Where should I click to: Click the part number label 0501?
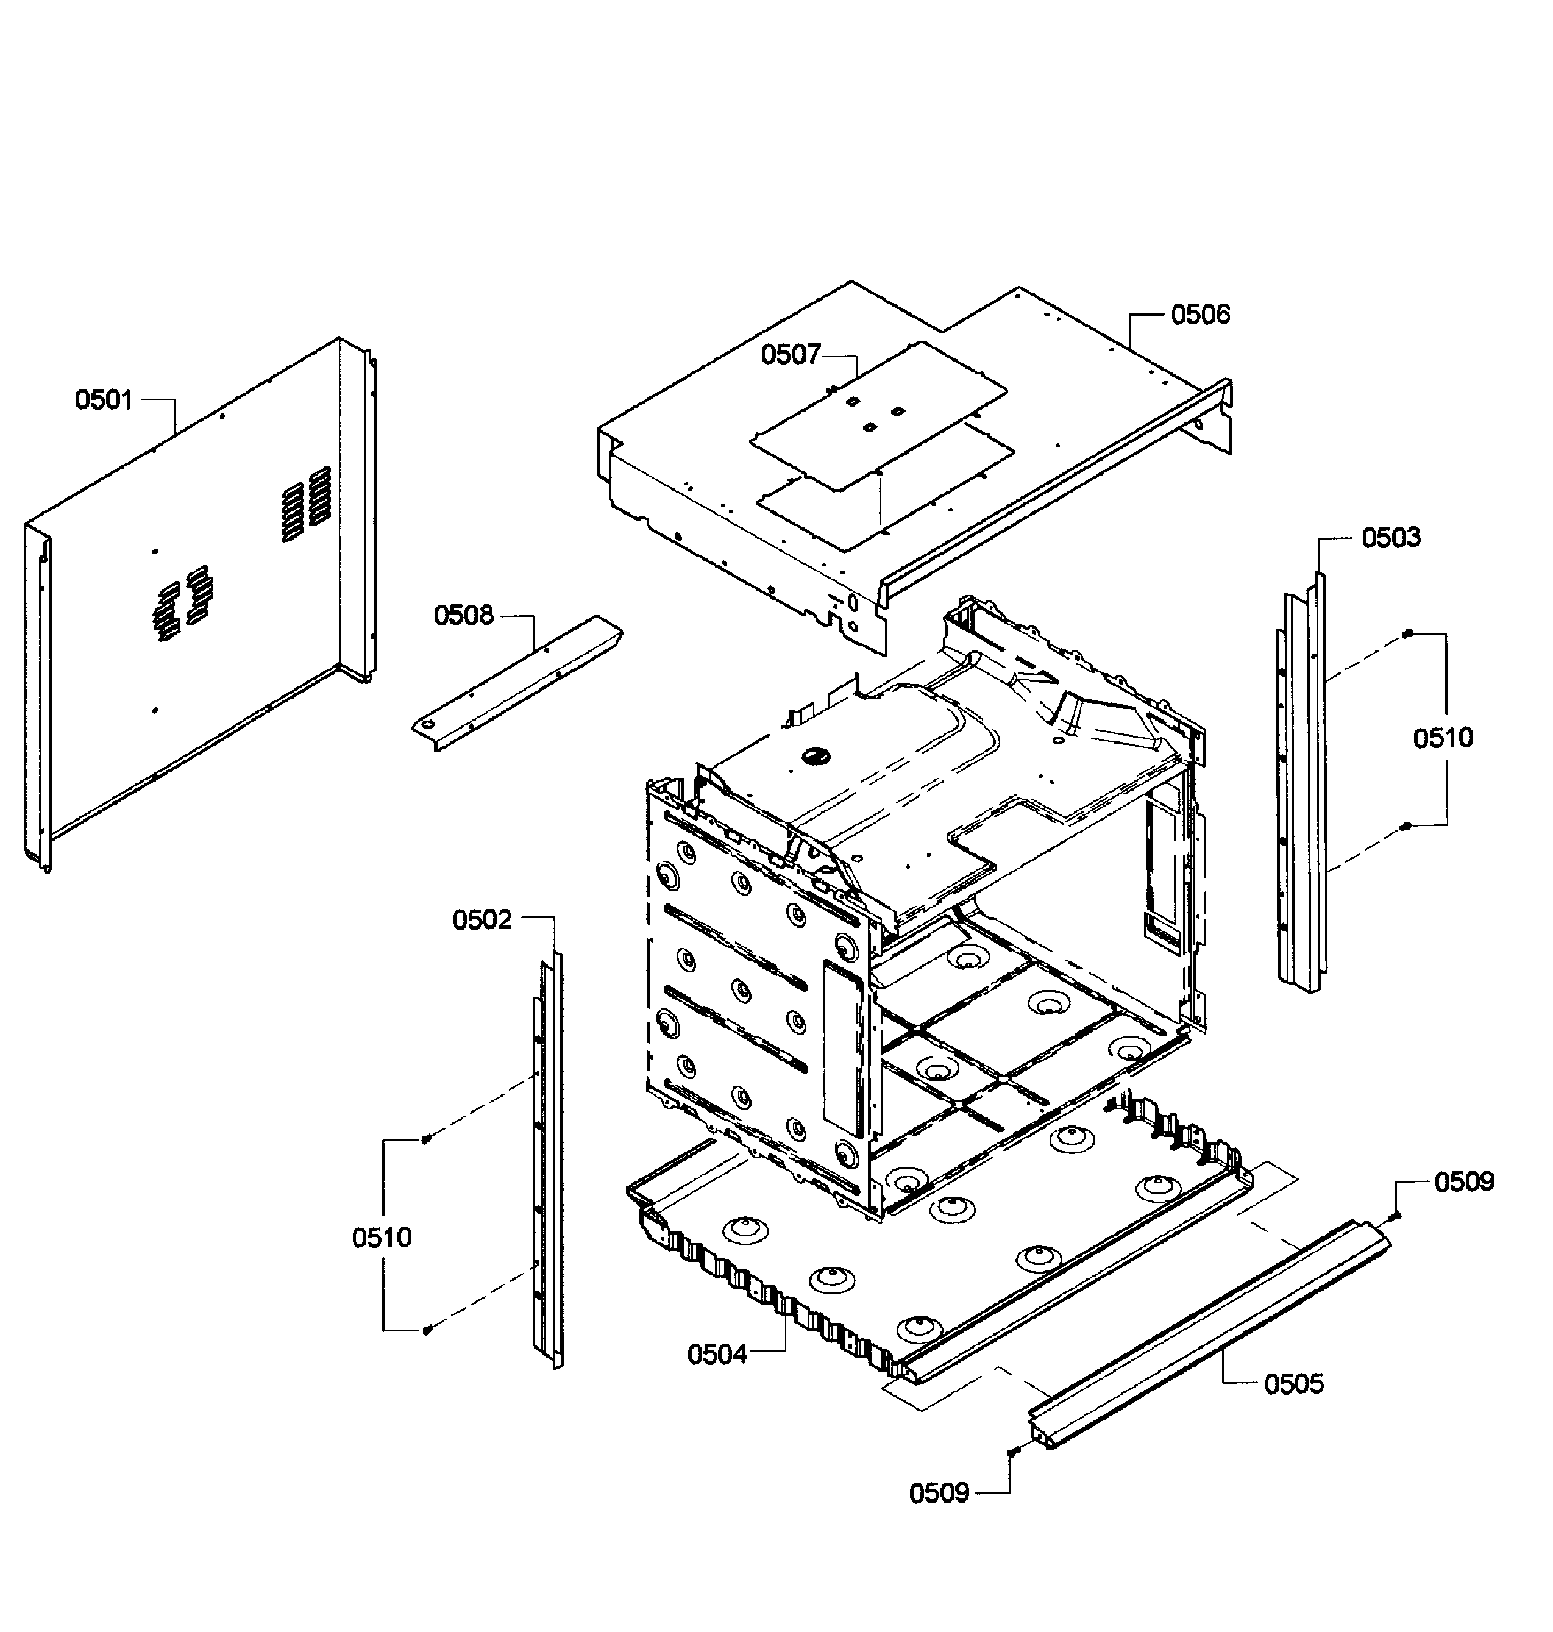coord(104,400)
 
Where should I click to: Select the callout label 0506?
coord(1199,315)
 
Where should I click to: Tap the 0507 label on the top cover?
coord(791,355)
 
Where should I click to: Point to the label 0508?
coord(464,616)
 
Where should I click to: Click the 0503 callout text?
coord(1391,538)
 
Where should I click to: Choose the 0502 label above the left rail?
coord(482,920)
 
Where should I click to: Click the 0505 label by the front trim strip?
coord(1294,1384)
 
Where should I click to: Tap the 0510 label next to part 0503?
coord(1443,738)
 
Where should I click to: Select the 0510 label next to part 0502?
coord(382,1238)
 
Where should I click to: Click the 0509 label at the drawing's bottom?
coord(939,1494)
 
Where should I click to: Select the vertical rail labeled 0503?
coord(1301,786)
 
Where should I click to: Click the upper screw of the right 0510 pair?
coord(1407,634)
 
